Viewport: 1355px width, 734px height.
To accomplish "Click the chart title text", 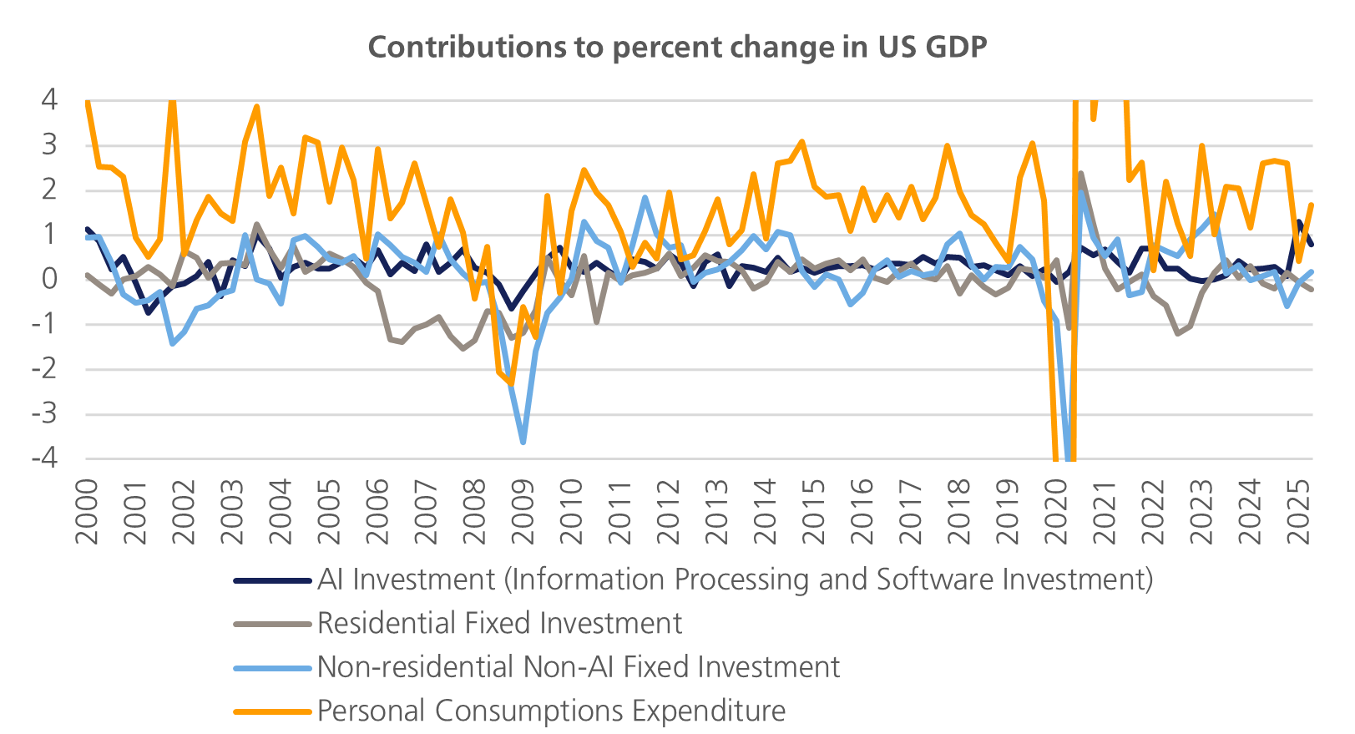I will pos(677,48).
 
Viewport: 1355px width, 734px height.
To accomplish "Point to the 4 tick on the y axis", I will pos(49,100).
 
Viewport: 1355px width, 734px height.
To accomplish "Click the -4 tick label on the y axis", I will pos(43,458).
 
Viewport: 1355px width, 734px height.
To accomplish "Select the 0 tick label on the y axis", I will pos(49,279).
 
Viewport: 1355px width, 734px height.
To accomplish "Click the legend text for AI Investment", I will pos(735,580).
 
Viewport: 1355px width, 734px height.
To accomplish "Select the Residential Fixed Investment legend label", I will pos(499,623).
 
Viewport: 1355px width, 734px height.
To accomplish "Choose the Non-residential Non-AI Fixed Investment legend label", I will pos(578,667).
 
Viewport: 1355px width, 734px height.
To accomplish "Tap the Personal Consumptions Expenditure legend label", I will pos(551,711).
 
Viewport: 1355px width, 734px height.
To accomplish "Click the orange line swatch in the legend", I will pos(272,711).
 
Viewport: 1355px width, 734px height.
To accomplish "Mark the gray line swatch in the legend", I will pos(272,624).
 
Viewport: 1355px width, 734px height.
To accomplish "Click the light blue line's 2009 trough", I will pos(523,443).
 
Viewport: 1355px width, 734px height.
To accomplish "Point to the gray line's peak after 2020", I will pos(1081,173).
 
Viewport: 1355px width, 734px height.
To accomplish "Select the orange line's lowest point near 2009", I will pos(511,384).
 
